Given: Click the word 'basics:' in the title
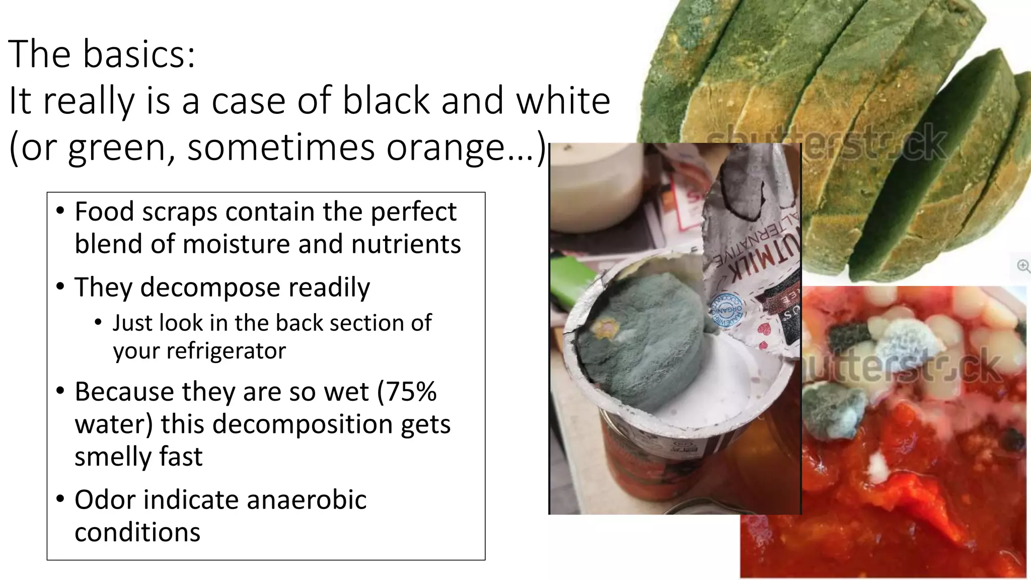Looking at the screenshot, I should coord(138,54).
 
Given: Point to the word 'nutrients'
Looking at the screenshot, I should coord(406,244).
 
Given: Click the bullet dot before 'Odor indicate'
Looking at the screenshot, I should coord(60,499).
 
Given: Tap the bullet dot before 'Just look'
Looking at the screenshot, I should coord(98,322).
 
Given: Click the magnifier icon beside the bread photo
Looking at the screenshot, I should coord(1022,265).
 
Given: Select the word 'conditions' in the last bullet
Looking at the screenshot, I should coord(137,532).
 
